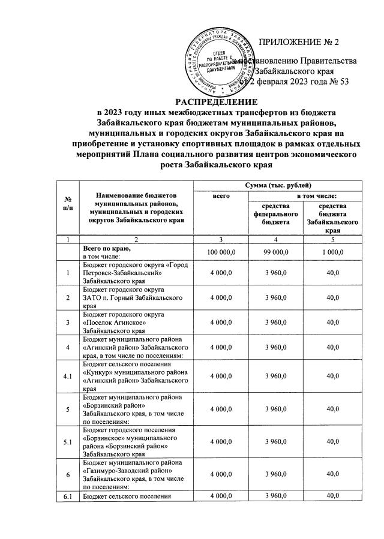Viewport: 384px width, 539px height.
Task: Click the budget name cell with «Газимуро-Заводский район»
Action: coord(133,475)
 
